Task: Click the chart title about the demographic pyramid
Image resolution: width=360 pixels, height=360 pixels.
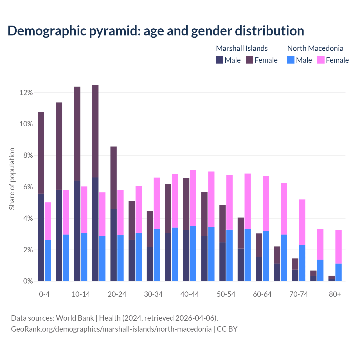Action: [x=156, y=31]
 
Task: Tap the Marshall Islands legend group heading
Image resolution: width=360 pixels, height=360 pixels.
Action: [x=242, y=48]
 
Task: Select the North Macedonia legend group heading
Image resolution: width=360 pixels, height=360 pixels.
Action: [x=315, y=48]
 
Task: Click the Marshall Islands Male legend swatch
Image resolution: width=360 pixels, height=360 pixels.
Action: [x=220, y=60]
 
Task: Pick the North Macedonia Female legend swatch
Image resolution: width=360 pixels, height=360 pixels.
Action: [x=321, y=60]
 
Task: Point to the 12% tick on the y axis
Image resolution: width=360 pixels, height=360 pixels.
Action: [x=26, y=93]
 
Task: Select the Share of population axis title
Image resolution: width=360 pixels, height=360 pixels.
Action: [x=12, y=179]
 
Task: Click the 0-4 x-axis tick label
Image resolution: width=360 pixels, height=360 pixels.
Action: [x=44, y=294]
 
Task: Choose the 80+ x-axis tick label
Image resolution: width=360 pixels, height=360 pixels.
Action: [x=335, y=294]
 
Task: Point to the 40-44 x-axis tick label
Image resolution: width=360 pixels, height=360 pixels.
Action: [x=190, y=294]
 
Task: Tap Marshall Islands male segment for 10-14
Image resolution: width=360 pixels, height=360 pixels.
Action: [x=77, y=231]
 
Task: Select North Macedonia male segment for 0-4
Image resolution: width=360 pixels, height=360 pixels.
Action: [x=48, y=260]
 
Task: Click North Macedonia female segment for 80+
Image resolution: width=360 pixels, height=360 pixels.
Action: [x=338, y=247]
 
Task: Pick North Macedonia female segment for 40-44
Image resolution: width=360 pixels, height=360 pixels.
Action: [x=193, y=198]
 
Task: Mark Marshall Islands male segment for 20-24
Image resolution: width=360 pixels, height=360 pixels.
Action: [x=113, y=245]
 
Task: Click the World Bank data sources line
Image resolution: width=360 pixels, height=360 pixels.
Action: [x=114, y=318]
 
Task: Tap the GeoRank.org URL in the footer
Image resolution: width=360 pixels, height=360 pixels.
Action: [x=111, y=329]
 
